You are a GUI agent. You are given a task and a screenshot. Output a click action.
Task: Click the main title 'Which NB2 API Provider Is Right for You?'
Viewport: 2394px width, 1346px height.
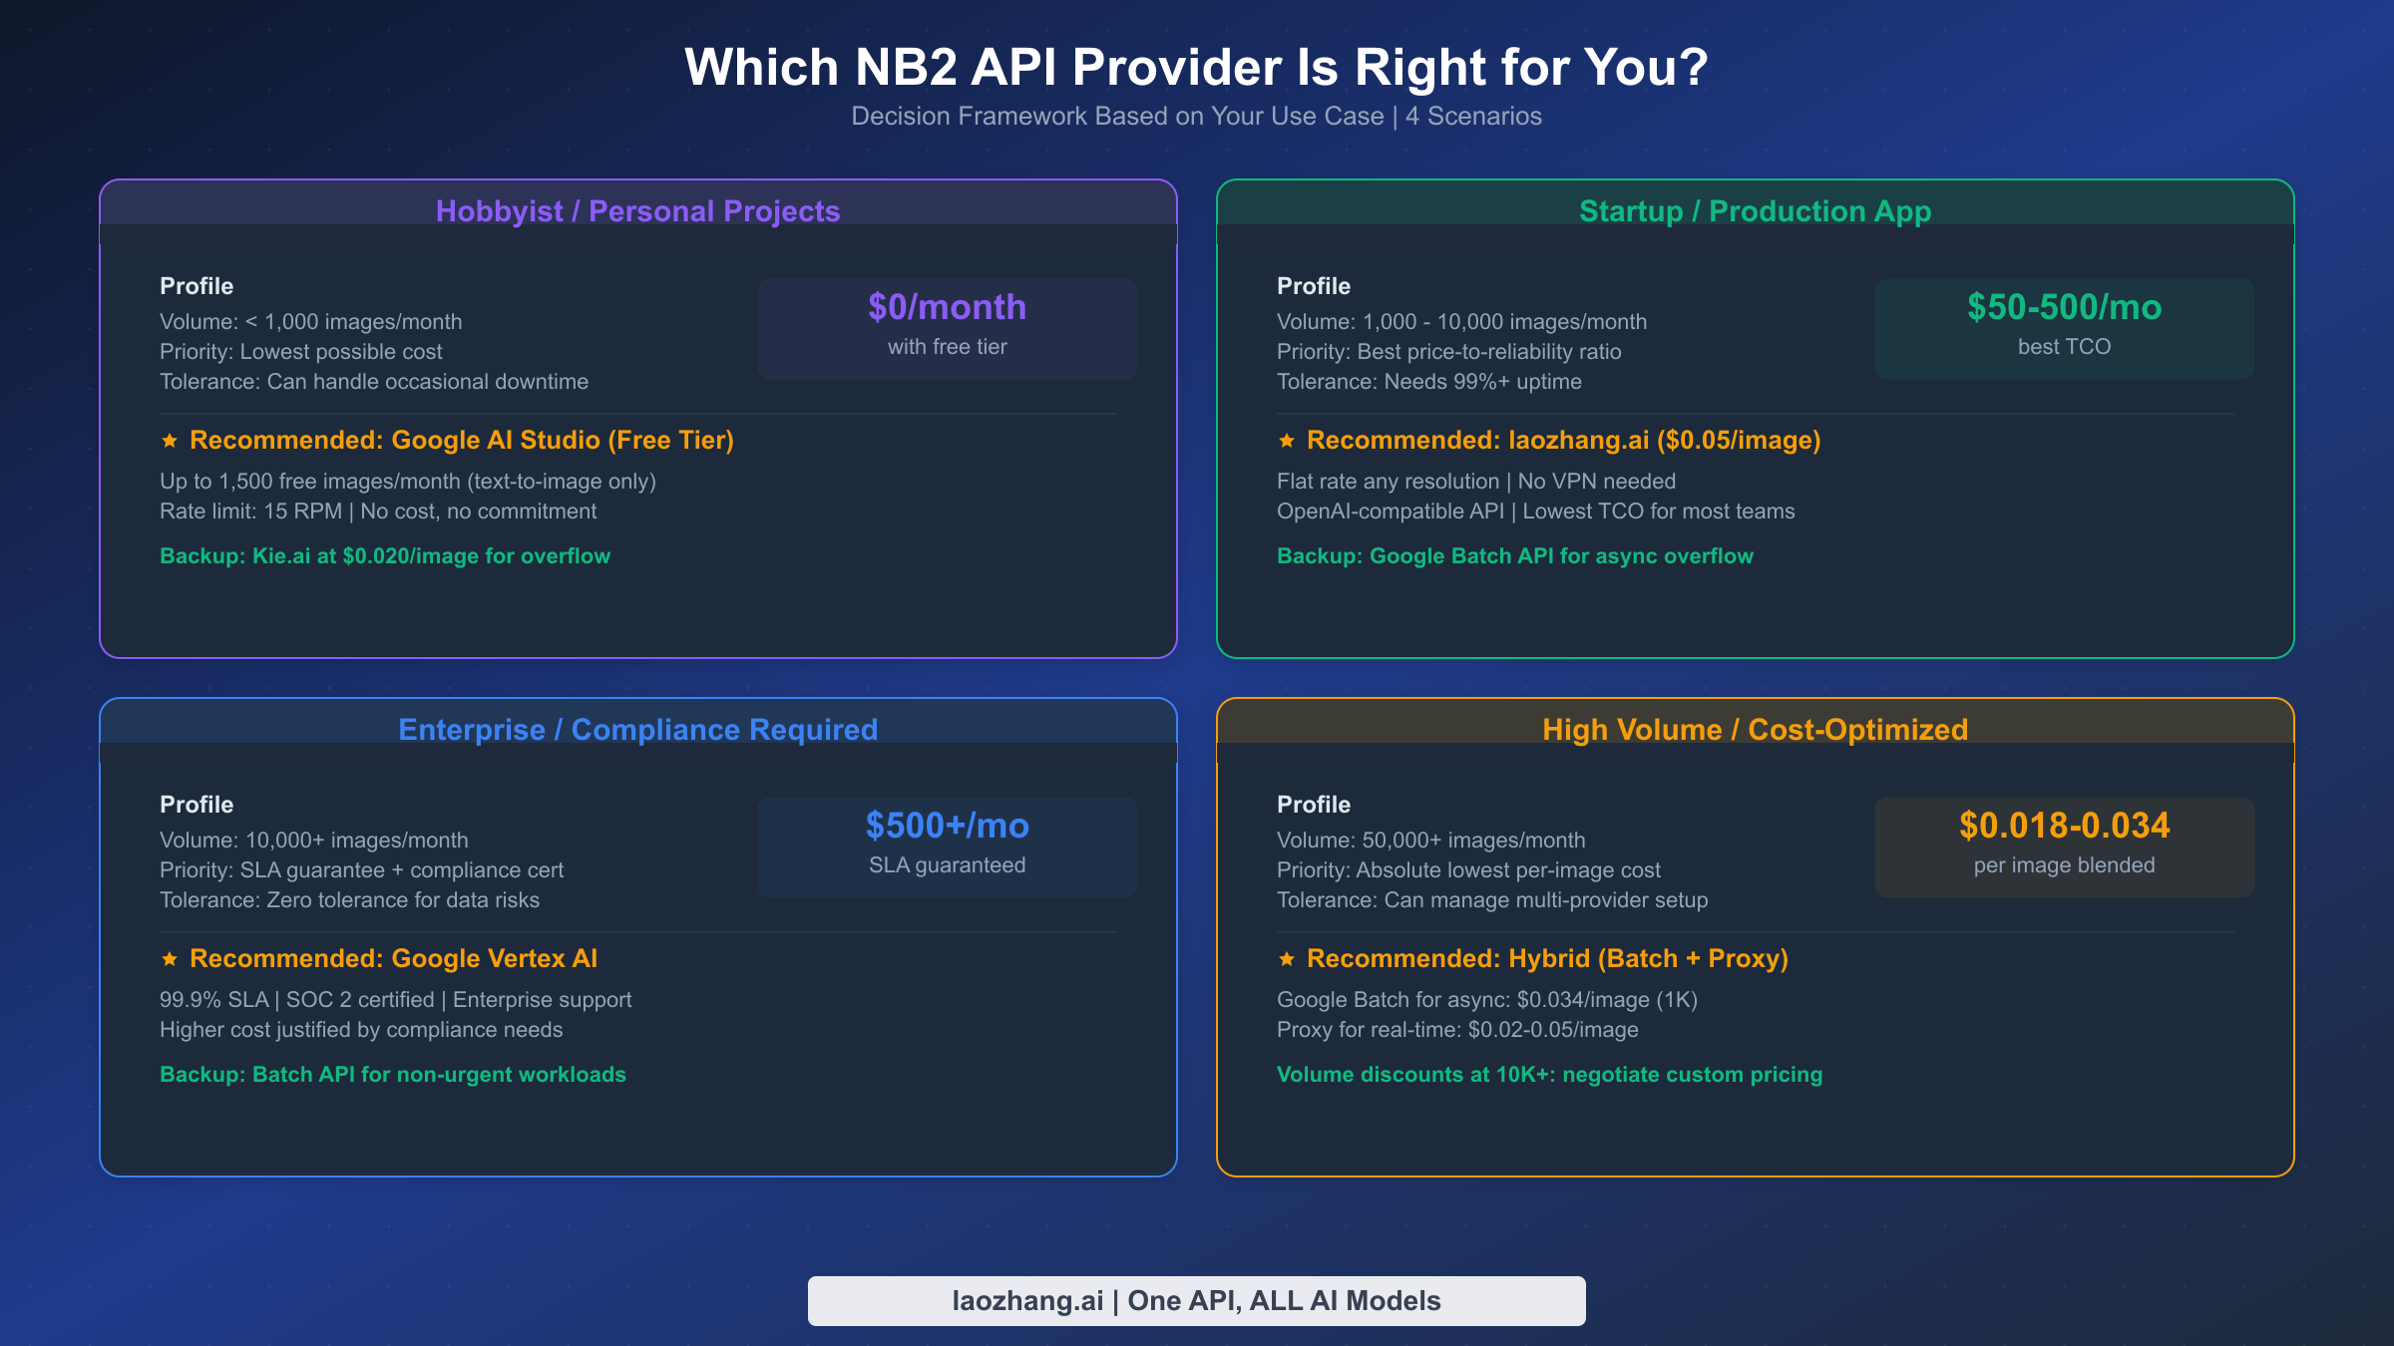pos(1196,68)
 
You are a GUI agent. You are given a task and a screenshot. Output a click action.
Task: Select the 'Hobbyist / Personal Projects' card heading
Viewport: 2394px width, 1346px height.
pos(637,211)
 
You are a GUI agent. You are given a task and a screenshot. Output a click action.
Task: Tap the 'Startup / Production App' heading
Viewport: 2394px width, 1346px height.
pos(1755,211)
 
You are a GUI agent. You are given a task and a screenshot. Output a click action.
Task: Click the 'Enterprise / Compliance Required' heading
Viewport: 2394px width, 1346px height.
pos(637,730)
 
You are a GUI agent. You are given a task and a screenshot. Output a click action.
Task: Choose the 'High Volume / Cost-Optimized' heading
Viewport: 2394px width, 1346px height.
pos(1755,730)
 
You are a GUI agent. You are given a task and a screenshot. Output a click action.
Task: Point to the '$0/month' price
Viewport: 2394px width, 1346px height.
pos(947,307)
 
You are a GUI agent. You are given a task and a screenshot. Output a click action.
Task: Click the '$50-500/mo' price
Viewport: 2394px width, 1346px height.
pos(2064,307)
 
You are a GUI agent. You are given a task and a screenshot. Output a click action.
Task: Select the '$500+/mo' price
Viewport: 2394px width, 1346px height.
pos(947,826)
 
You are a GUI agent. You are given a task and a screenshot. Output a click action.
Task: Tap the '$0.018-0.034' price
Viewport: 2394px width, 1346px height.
pos(2064,826)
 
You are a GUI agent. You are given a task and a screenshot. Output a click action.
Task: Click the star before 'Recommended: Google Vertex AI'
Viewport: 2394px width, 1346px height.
pos(170,959)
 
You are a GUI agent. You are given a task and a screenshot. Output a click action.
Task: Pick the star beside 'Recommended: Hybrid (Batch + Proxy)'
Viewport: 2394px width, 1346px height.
pos(1287,959)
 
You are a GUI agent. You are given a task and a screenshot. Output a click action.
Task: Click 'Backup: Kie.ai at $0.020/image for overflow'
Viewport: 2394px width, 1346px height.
pos(385,556)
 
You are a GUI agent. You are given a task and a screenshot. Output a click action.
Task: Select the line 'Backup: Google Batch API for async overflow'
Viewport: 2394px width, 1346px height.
pos(1514,556)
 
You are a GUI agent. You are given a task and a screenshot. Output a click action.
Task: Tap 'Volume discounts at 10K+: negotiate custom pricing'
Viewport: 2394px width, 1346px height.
pos(1549,1075)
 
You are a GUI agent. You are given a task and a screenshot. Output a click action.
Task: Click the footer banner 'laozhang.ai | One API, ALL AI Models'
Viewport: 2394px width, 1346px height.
pos(1196,1301)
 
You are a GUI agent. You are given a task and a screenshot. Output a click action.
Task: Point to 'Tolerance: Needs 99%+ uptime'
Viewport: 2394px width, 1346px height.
pos(1428,382)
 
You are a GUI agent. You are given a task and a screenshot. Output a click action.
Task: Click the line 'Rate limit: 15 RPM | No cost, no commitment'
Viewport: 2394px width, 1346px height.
pos(378,511)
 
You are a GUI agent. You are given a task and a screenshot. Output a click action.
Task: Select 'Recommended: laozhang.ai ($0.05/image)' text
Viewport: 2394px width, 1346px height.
pos(1563,441)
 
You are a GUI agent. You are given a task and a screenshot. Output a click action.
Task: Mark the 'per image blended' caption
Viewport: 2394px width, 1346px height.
pos(2064,865)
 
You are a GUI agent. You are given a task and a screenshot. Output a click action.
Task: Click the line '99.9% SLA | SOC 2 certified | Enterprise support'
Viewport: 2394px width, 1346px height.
pos(395,1000)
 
